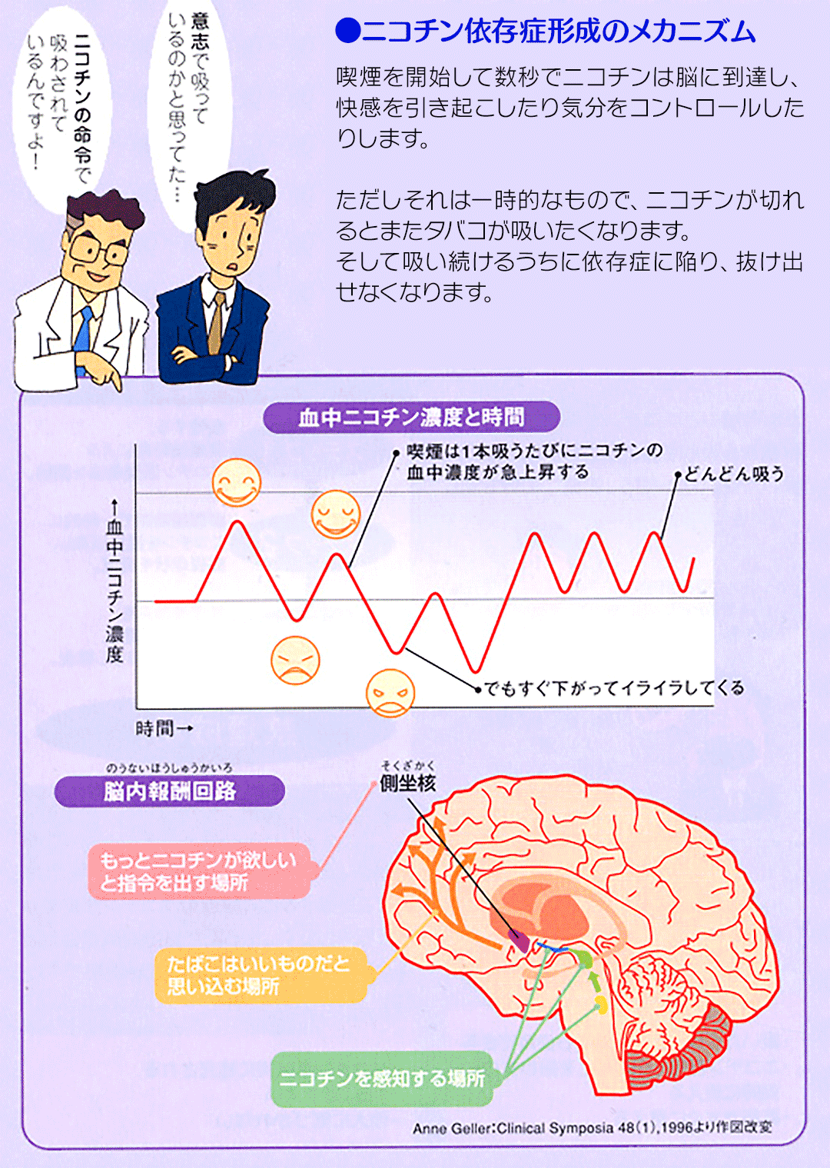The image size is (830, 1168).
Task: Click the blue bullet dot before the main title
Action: [x=348, y=32]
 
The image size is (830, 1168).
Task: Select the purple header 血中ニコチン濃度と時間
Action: [x=412, y=418]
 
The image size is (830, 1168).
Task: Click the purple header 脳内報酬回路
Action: [x=170, y=791]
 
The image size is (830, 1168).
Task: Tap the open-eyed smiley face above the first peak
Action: [x=237, y=482]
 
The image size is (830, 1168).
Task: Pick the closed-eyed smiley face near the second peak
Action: [x=336, y=514]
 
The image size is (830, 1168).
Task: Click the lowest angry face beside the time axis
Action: [x=390, y=694]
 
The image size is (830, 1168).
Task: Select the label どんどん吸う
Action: [x=734, y=474]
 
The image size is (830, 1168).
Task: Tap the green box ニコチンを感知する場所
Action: [x=383, y=1078]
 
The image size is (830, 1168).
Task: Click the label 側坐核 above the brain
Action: [x=407, y=784]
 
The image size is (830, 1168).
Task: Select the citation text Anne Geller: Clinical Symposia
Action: [x=593, y=1127]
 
